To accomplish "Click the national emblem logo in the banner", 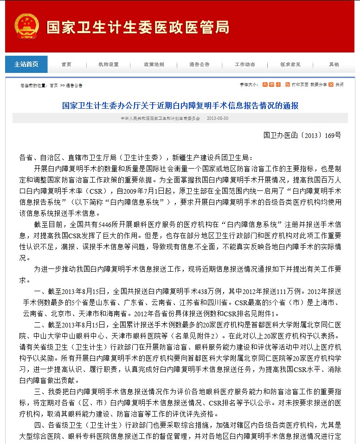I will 26,27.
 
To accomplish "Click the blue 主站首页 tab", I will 26,65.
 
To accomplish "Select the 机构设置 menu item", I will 109,65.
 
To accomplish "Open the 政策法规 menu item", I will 154,65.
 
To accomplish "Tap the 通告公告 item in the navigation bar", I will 199,65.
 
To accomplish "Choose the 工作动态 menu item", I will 244,65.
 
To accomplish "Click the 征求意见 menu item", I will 290,65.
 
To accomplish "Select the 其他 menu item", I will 334,65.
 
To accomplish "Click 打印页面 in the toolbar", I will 300,85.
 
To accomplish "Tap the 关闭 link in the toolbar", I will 340,85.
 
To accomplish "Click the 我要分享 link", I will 318,85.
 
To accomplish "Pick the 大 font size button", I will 265,85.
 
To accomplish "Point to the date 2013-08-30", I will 218,118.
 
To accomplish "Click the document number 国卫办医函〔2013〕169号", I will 302,136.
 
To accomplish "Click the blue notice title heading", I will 180,105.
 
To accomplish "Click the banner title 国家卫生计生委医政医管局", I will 137,27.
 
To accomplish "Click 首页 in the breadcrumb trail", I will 54,85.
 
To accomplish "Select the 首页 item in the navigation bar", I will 66,65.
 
